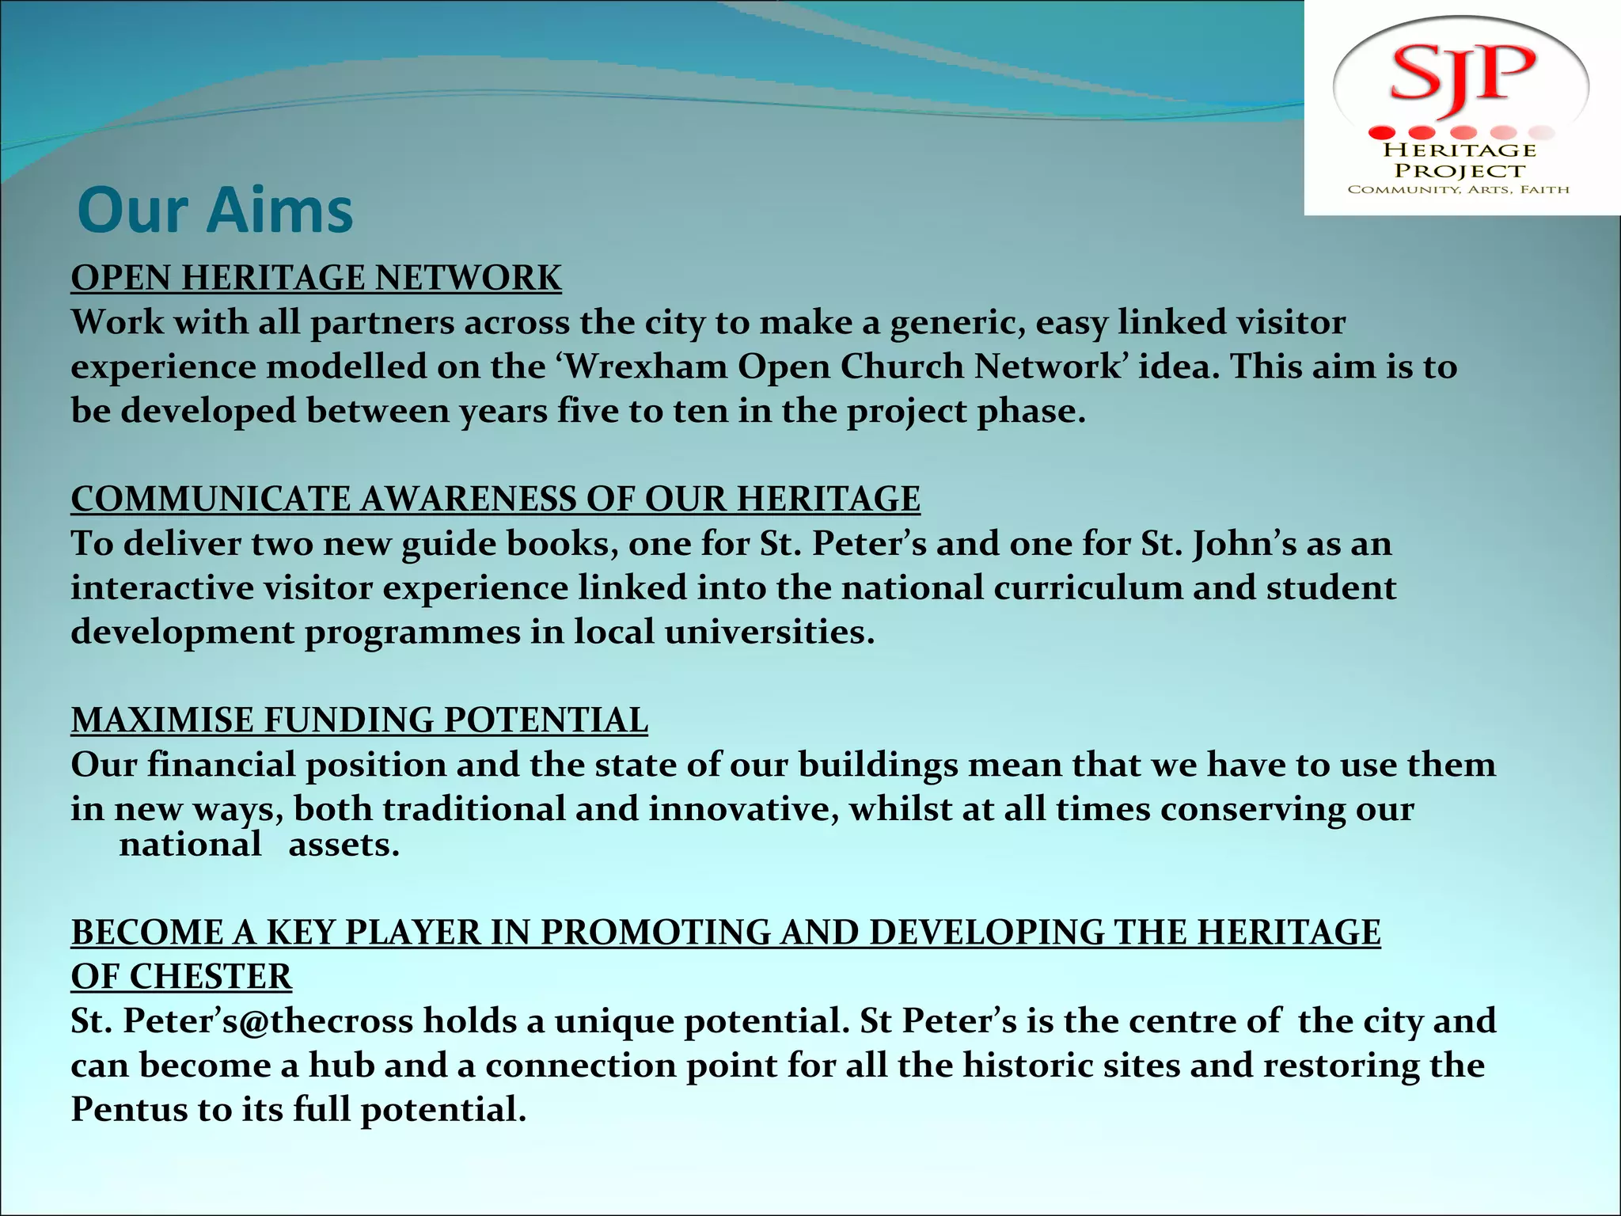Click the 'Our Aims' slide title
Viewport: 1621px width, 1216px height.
pyautogui.click(x=215, y=211)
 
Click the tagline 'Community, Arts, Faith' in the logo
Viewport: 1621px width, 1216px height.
pyautogui.click(x=1458, y=190)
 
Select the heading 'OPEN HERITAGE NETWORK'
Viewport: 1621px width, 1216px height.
pyautogui.click(x=316, y=279)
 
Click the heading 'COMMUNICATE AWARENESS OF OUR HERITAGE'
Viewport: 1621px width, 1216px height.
pyautogui.click(x=495, y=500)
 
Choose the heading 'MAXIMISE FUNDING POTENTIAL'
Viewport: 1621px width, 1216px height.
pyautogui.click(x=359, y=720)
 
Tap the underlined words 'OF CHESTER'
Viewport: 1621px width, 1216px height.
pyautogui.click(x=181, y=977)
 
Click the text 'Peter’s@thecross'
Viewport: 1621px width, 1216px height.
pyautogui.click(x=268, y=1021)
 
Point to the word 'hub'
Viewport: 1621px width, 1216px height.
pyautogui.click(x=341, y=1066)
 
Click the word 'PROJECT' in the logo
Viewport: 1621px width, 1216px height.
pyautogui.click(x=1460, y=171)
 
